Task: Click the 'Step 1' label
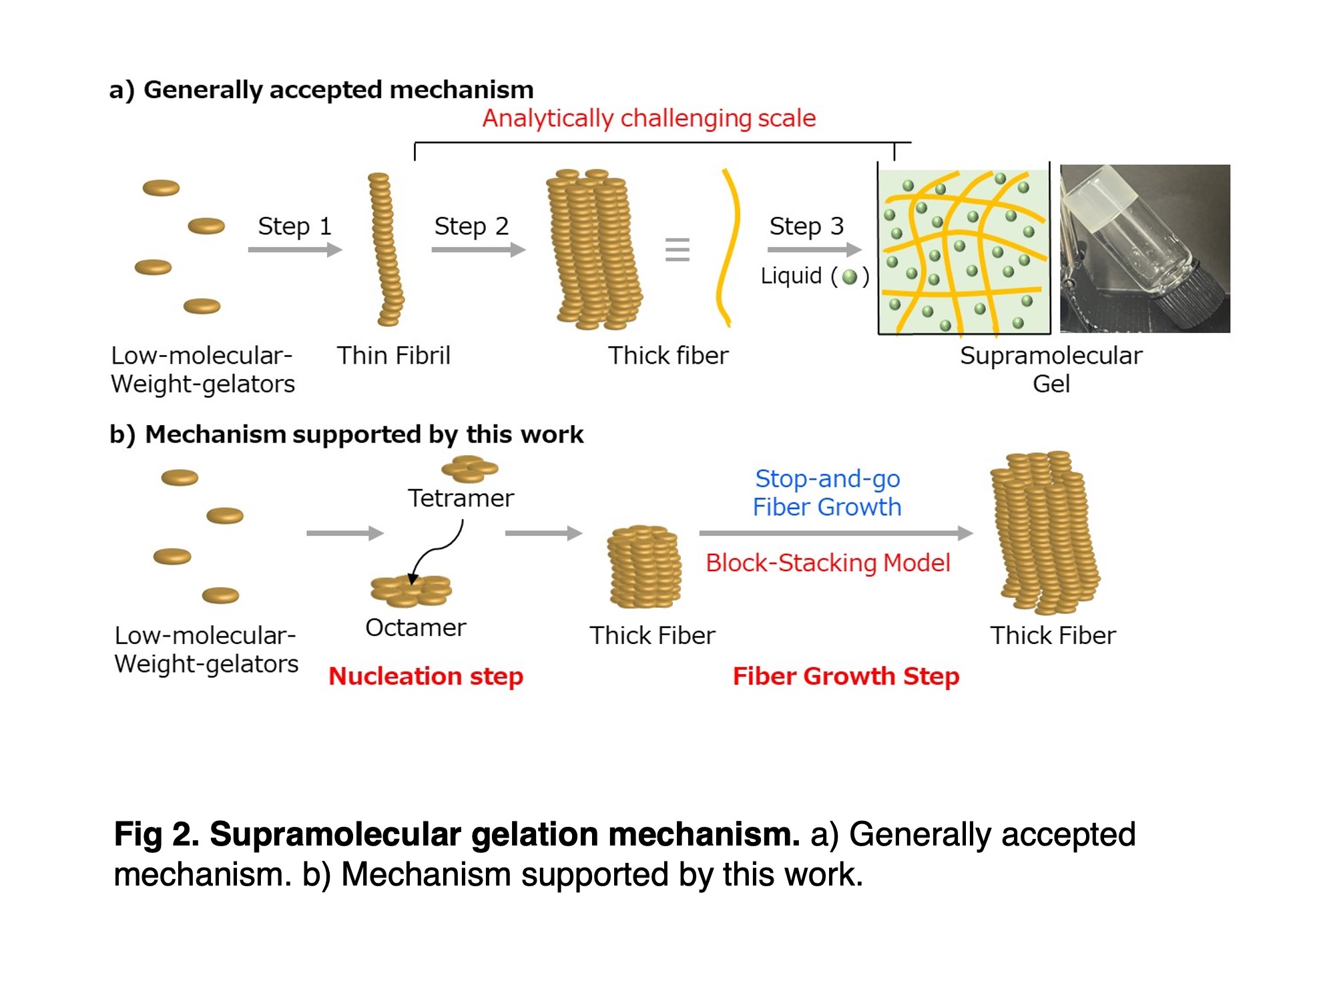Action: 294,226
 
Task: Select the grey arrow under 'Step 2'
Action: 479,250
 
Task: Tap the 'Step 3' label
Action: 806,226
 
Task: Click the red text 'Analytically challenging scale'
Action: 649,118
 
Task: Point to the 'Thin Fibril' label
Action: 393,356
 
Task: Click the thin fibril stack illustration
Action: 386,249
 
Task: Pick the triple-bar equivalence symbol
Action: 677,250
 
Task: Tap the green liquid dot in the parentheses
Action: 850,276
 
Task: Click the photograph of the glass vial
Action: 1145,248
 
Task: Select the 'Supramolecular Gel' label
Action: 1051,370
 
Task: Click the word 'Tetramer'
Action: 461,498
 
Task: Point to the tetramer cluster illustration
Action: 470,468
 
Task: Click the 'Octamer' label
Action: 415,628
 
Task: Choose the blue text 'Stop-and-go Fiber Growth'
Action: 827,493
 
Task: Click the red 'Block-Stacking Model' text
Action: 828,563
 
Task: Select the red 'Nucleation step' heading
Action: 426,677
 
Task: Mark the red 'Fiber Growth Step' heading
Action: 846,677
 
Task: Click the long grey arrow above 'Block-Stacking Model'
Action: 836,533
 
